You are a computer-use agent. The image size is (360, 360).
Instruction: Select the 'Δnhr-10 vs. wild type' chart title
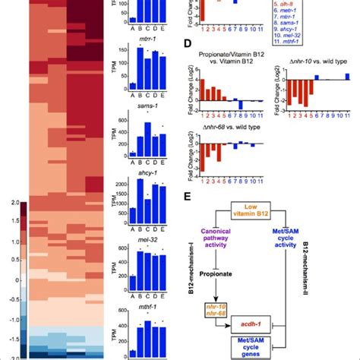(x=312, y=57)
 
